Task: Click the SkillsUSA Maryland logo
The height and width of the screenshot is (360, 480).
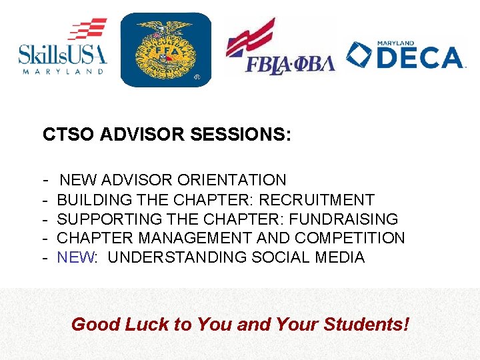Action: coord(63,48)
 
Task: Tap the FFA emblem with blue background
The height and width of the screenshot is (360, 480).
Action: coord(165,50)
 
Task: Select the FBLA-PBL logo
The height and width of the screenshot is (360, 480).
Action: coord(280,48)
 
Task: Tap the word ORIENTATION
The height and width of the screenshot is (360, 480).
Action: coord(232,180)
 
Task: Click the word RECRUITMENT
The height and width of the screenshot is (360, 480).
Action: coord(317,199)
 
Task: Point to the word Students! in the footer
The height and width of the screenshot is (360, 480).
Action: coord(367,325)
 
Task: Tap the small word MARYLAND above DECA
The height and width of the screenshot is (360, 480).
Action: coord(397,43)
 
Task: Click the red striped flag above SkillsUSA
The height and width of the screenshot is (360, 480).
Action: coord(87,30)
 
